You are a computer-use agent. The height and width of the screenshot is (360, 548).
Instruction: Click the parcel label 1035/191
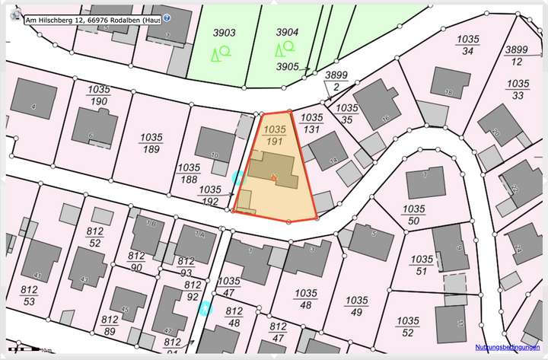coord(276,135)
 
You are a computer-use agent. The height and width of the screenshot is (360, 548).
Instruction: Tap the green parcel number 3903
coord(224,33)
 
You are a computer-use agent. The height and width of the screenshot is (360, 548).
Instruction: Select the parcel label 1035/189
coord(151,143)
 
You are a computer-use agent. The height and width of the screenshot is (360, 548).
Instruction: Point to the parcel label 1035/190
coord(99,95)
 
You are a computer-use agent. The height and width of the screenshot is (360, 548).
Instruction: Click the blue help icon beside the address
coord(167,18)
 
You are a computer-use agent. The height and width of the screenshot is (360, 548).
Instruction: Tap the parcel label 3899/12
coord(517,56)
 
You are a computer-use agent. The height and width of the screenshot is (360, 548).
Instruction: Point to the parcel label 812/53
coord(29,295)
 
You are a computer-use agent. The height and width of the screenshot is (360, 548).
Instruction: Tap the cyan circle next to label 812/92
coord(203,308)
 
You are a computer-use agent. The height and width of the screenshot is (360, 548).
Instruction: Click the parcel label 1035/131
coord(311,123)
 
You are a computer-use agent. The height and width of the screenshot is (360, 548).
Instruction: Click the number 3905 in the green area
coord(287,67)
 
